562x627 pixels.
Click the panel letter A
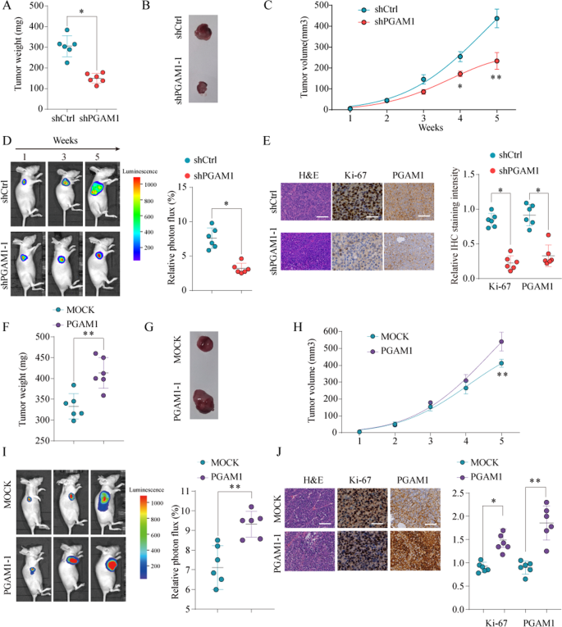(x=7, y=8)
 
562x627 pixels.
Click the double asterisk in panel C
(x=496, y=78)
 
